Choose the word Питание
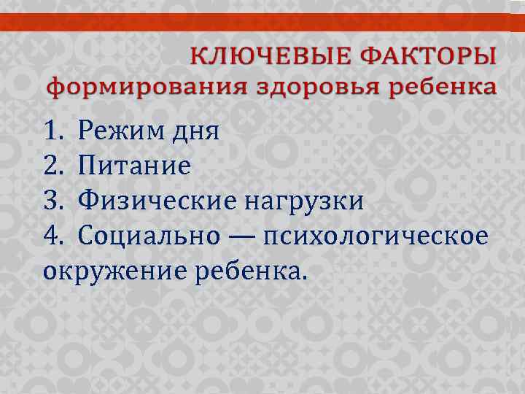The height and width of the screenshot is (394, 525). pyautogui.click(x=134, y=166)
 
